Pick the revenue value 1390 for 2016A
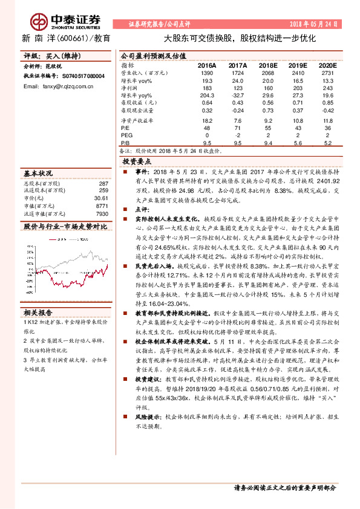pyautogui.click(x=206, y=72)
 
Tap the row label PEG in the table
pyautogui.click(x=126, y=135)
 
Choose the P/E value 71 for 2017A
pyautogui.click(x=237, y=128)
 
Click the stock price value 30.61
pyautogui.click(x=100, y=198)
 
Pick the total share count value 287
pyautogui.click(x=103, y=183)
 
